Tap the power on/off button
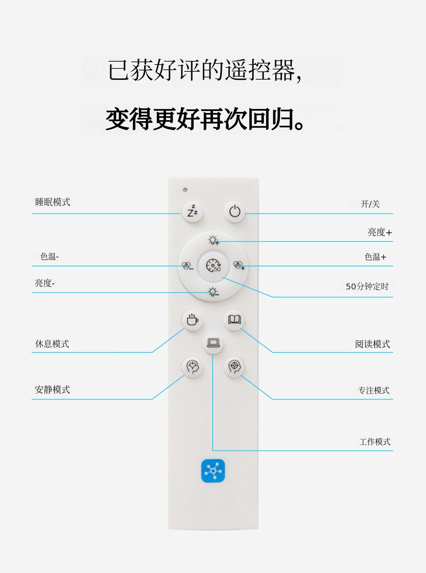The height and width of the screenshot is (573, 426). click(x=235, y=212)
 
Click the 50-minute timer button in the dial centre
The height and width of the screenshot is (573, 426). click(x=213, y=266)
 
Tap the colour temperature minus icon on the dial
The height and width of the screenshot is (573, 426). click(x=187, y=266)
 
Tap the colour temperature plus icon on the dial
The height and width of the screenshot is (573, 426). click(x=239, y=265)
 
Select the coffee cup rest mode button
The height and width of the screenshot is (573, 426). click(x=192, y=320)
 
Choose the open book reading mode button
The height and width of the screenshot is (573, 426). click(x=234, y=320)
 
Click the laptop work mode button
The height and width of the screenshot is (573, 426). click(x=213, y=343)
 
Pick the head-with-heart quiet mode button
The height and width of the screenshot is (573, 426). click(x=192, y=367)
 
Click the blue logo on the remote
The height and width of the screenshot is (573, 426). click(x=213, y=471)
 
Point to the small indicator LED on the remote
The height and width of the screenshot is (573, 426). click(x=185, y=190)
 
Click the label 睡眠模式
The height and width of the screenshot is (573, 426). click(x=53, y=202)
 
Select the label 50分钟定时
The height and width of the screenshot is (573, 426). click(x=367, y=286)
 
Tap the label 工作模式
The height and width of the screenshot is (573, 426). click(x=375, y=442)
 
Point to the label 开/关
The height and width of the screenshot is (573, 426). click(x=370, y=204)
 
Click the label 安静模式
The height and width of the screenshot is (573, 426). click(x=52, y=390)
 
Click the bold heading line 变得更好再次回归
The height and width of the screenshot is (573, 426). click(x=205, y=119)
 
